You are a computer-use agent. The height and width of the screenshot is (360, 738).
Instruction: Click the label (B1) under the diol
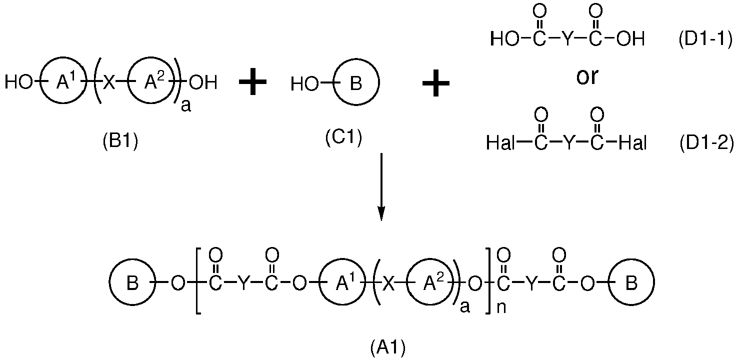(120, 142)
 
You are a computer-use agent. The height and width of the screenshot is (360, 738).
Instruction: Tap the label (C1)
(343, 137)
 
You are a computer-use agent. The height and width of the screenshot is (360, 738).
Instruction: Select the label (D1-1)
(705, 39)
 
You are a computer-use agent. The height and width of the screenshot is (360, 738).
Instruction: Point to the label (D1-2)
(707, 143)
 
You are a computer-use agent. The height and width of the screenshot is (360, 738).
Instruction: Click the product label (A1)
(388, 348)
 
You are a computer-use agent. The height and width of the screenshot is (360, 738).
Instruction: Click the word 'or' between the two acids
(587, 76)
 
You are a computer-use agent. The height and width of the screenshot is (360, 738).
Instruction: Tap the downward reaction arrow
(381, 187)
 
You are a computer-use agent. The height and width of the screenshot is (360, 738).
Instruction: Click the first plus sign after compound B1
(252, 81)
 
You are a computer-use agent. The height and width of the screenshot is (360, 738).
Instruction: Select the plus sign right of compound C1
(436, 82)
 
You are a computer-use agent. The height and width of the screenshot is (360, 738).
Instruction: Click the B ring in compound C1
(333, 82)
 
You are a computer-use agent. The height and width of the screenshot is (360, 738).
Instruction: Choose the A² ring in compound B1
(128, 80)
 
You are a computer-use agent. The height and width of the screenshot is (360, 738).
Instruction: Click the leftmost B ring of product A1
(109, 282)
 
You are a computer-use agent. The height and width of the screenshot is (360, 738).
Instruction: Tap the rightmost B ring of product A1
(608, 282)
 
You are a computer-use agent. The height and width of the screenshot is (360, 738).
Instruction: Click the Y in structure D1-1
(567, 39)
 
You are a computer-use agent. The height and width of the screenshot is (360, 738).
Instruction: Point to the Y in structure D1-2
(569, 142)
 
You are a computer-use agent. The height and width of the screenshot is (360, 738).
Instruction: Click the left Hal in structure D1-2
(500, 143)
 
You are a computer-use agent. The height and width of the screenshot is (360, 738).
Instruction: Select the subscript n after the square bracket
(501, 307)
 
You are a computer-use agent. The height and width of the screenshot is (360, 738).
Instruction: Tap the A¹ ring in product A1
(319, 282)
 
